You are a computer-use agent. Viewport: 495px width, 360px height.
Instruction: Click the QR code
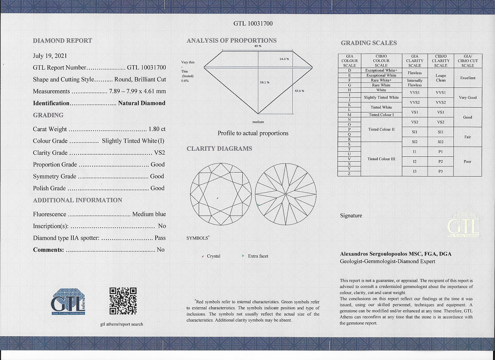point(123,301)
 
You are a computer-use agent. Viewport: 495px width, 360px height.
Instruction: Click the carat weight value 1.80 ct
point(157,129)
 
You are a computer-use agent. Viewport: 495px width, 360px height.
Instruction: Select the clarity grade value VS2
point(160,153)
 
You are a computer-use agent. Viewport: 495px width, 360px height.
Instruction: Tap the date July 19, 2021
point(50,56)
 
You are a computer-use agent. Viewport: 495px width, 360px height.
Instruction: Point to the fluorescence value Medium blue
point(149,214)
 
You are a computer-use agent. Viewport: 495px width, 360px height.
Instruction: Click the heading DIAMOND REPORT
point(62,41)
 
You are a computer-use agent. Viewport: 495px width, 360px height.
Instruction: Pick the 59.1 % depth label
point(265,83)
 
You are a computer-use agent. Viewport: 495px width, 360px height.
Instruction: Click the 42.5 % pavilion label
point(299,91)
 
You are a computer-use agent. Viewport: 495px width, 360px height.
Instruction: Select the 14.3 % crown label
point(284,59)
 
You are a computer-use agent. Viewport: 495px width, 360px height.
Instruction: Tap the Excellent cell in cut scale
point(468,78)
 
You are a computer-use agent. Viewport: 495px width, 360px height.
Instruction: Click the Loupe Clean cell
point(441,78)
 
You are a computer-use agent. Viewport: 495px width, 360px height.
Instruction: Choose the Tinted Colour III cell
point(381,159)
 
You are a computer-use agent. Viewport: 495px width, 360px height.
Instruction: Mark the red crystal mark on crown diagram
point(218,198)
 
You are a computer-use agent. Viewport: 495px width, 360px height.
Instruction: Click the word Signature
point(351,216)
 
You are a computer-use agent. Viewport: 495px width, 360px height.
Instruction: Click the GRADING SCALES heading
point(368,43)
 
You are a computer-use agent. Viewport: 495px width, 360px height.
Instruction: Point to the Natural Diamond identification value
point(141,103)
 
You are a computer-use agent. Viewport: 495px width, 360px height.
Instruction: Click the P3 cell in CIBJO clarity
point(441,171)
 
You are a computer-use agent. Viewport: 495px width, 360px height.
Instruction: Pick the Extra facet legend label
point(258,256)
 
